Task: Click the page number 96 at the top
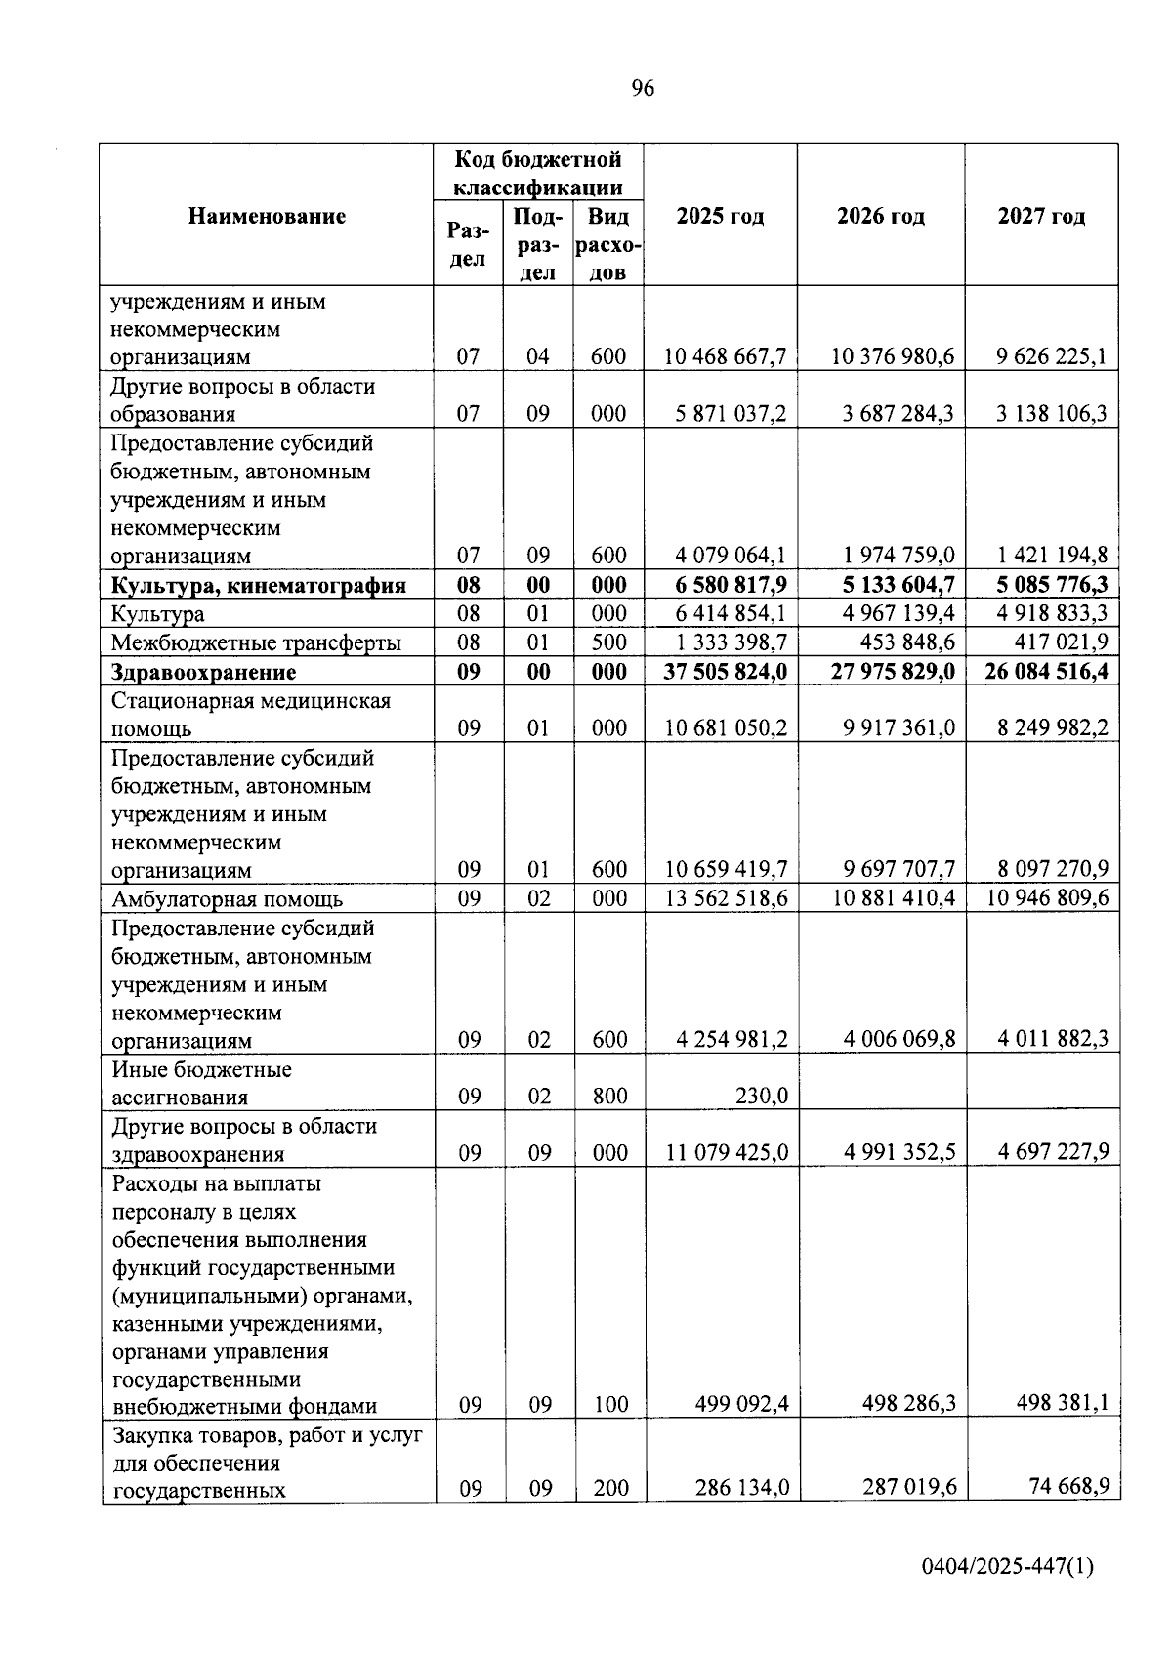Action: tap(643, 89)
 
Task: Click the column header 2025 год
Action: tap(720, 216)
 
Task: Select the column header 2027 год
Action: tap(1041, 216)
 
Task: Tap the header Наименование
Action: tap(267, 216)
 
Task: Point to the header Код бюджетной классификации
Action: tap(538, 172)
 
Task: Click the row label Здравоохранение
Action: tap(204, 672)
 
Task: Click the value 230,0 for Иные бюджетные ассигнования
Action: tap(761, 1097)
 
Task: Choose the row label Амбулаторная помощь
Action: tap(228, 899)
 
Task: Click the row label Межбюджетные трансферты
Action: tap(257, 642)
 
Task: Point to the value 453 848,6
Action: tap(900, 642)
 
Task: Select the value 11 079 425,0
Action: tap(727, 1153)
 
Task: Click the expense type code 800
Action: tap(609, 1097)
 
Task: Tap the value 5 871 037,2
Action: tap(732, 414)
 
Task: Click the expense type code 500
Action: tap(608, 642)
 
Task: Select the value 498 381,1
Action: tap(1062, 1404)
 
